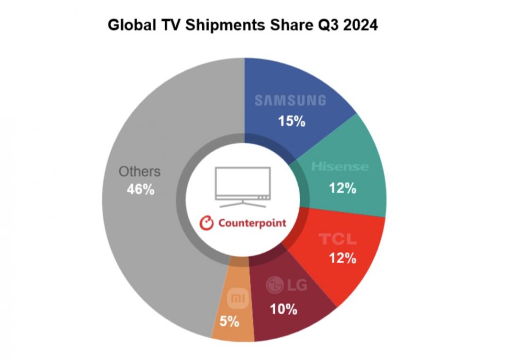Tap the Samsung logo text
290,100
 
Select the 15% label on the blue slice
291,121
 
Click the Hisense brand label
340,167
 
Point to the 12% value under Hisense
342,188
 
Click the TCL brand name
337,239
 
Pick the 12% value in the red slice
342,258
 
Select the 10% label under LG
283,309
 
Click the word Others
139,172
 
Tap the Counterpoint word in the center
252,223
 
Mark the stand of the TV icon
243,204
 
